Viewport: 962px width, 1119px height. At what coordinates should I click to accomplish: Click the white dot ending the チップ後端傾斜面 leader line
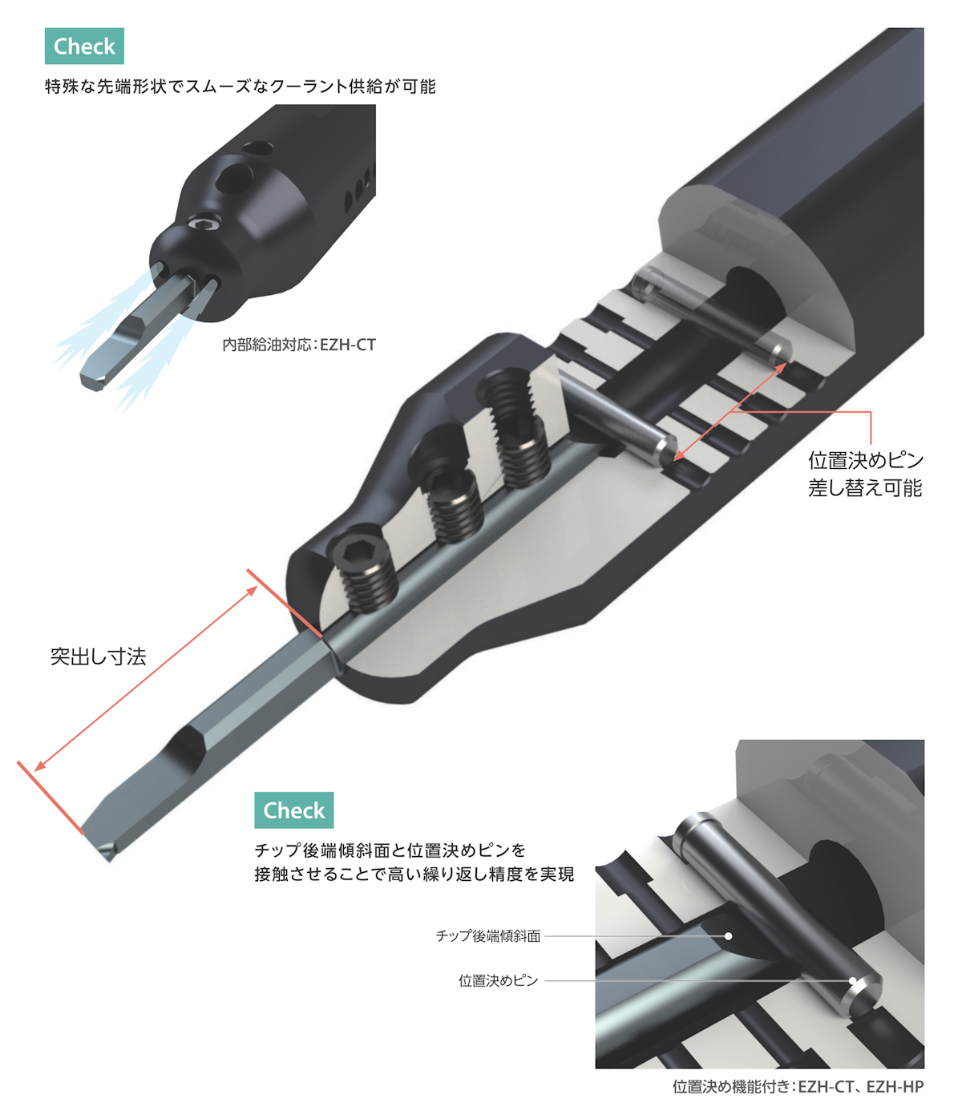pyautogui.click(x=729, y=936)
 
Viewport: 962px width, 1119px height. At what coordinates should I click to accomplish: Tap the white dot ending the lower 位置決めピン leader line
pyautogui.click(x=852, y=980)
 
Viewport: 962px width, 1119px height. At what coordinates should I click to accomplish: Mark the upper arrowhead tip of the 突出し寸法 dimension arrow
pyautogui.click(x=257, y=586)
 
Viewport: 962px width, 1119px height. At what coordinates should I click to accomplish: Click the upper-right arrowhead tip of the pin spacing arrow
pyautogui.click(x=786, y=363)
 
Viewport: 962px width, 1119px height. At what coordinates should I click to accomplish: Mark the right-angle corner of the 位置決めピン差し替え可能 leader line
pyautogui.click(x=871, y=412)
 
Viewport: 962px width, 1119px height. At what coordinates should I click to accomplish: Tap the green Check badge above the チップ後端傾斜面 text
pyautogui.click(x=294, y=810)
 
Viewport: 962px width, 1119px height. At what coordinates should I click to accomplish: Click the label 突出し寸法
pyautogui.click(x=99, y=656)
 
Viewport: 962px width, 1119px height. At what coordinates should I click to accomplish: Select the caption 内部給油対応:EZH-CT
pyautogui.click(x=299, y=345)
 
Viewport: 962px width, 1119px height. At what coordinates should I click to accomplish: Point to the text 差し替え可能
pyautogui.click(x=864, y=488)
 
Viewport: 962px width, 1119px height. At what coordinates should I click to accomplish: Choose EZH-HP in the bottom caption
pyautogui.click(x=895, y=1086)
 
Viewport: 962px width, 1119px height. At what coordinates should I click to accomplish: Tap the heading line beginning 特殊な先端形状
pyautogui.click(x=240, y=87)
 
